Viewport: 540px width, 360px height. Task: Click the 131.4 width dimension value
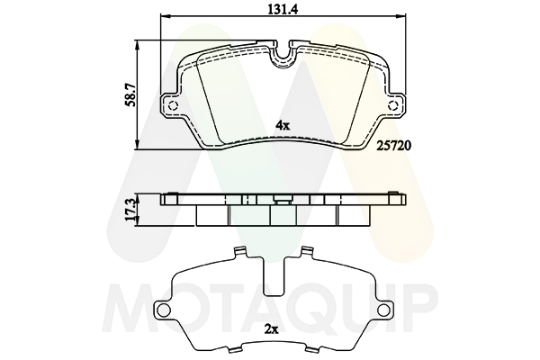point(283,9)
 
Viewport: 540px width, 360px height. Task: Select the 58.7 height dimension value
point(130,97)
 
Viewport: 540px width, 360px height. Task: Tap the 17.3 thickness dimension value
point(130,210)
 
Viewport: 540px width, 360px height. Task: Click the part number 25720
point(393,146)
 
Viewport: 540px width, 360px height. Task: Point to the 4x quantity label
point(283,125)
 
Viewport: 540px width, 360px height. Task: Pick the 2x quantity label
point(271,329)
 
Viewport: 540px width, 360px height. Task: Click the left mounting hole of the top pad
point(174,105)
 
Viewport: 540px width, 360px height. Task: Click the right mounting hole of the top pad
point(392,105)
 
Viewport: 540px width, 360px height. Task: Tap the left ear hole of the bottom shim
point(163,309)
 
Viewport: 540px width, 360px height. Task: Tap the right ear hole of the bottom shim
point(383,309)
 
